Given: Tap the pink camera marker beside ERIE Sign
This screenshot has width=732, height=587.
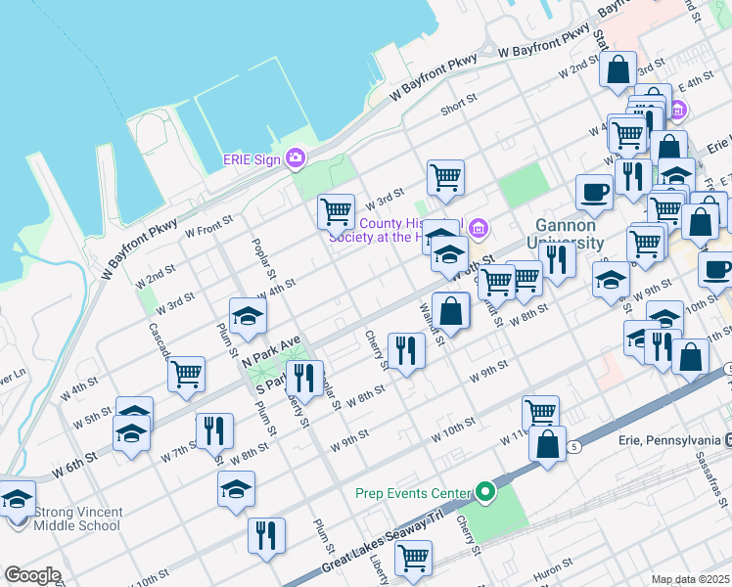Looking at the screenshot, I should [x=296, y=159].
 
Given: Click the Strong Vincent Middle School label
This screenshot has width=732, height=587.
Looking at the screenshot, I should [x=77, y=519].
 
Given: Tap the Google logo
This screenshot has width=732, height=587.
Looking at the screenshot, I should [x=32, y=575].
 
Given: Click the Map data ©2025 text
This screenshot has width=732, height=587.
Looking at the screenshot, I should [x=691, y=579].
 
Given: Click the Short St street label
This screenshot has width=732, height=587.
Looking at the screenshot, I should [x=458, y=103].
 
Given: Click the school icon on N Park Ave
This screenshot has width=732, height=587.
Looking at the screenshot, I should [x=248, y=315].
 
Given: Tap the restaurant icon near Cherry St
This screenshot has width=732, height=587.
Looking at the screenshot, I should [x=405, y=350].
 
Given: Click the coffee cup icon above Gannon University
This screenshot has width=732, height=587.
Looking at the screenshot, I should [x=594, y=192].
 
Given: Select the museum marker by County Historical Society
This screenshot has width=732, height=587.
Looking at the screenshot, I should [x=479, y=229].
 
